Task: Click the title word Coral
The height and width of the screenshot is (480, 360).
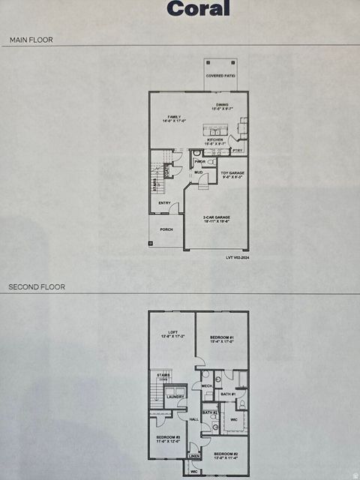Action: click(x=198, y=9)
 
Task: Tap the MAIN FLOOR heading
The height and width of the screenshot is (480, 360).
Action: click(x=31, y=39)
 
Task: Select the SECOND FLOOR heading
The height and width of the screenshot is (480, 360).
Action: click(x=37, y=286)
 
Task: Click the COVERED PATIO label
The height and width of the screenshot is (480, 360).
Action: click(x=220, y=76)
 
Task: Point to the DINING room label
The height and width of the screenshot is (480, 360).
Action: click(x=222, y=106)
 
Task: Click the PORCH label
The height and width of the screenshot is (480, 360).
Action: click(x=166, y=229)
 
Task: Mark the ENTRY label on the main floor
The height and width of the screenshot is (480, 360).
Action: click(x=164, y=202)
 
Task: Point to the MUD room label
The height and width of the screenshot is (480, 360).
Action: click(x=199, y=172)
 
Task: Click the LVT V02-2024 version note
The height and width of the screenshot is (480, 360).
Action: click(x=238, y=257)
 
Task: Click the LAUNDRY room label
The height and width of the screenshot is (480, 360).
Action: click(x=175, y=397)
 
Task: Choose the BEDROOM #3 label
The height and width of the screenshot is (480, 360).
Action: click(x=168, y=438)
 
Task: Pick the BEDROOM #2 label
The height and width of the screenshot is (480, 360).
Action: click(x=226, y=454)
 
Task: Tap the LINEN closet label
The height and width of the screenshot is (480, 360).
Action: click(x=194, y=456)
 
